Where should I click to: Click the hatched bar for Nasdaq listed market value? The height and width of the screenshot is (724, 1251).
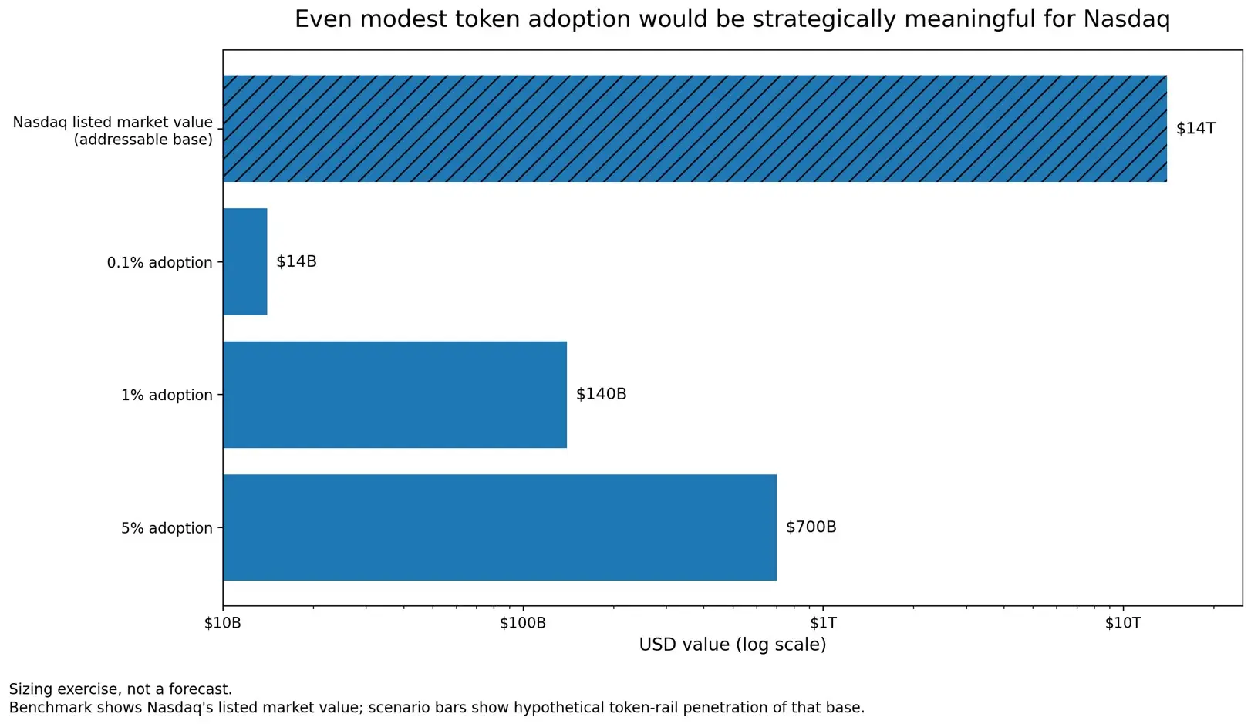[694, 129]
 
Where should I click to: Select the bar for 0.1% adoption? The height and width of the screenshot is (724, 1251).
[245, 261]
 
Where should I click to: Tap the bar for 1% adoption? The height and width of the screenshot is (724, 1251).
[395, 394]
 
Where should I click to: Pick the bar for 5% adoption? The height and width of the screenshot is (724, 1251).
[500, 527]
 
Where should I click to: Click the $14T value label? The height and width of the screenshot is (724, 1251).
[1195, 129]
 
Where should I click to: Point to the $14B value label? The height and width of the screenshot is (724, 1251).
[296, 261]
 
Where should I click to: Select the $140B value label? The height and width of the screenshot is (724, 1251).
[601, 394]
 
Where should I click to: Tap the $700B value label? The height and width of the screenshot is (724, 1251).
[811, 527]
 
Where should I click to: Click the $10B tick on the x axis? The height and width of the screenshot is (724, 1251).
[223, 623]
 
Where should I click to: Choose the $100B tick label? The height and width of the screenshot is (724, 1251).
[522, 623]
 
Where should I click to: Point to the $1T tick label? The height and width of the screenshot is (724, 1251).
[823, 623]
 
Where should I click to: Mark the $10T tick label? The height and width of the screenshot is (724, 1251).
[1122, 623]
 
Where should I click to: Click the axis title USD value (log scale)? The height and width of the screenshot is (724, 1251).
[732, 645]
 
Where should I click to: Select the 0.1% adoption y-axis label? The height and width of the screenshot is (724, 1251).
[160, 263]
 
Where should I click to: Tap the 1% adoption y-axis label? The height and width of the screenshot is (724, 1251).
[167, 396]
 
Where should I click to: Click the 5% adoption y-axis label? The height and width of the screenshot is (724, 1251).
[167, 529]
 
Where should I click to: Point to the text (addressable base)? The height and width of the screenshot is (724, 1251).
[143, 140]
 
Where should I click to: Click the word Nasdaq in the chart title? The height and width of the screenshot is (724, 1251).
[1126, 19]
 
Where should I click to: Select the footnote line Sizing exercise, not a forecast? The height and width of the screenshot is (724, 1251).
[120, 689]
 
